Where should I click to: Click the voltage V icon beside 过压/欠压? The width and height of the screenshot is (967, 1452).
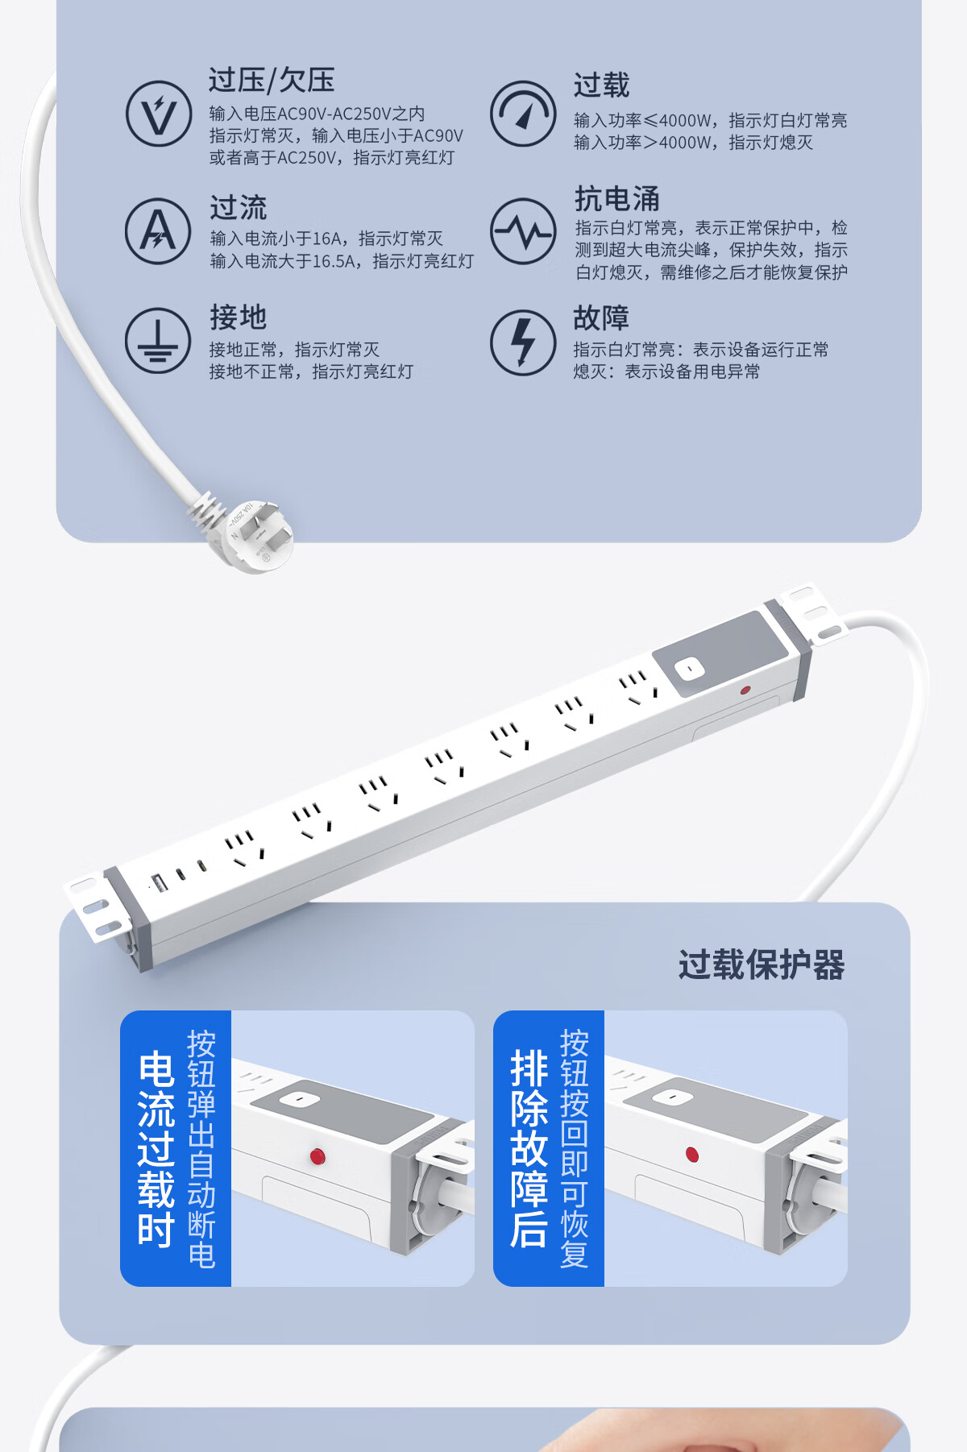[x=159, y=114]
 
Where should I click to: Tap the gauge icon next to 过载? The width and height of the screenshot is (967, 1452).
[x=523, y=114]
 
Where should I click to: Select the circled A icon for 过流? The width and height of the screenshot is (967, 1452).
[x=158, y=231]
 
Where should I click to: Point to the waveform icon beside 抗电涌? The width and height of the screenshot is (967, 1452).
[x=523, y=231]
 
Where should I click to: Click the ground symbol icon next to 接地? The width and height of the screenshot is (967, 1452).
[x=158, y=341]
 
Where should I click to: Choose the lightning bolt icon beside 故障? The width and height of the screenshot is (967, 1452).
[x=523, y=342]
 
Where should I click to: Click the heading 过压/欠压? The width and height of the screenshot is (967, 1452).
[x=272, y=81]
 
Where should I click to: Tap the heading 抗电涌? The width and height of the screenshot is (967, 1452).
[x=617, y=198]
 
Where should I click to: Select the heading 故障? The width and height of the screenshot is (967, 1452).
[x=601, y=317]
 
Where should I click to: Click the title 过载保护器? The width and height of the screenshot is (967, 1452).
[x=762, y=965]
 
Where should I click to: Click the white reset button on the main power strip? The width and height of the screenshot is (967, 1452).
[x=689, y=669]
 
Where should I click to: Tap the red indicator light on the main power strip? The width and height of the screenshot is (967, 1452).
[x=745, y=691]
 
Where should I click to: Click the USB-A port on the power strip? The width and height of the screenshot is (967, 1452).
[x=160, y=882]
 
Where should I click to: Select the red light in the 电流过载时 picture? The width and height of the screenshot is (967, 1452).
[x=317, y=1157]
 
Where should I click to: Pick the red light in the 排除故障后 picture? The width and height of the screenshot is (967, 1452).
[x=691, y=1155]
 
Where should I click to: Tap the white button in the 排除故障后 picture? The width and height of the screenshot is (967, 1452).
[x=670, y=1097]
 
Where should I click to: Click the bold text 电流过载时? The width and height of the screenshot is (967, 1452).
[x=156, y=1149]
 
